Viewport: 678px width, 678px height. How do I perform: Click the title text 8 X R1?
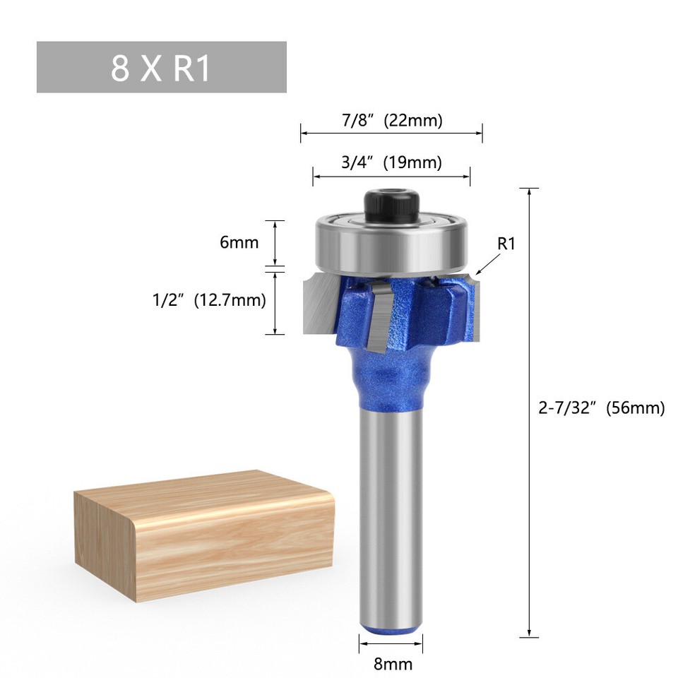coord(161,68)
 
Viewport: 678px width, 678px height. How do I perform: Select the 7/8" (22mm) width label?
coord(392,121)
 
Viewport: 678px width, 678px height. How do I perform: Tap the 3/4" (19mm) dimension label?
coord(391,163)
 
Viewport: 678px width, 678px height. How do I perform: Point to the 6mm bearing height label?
coord(239,243)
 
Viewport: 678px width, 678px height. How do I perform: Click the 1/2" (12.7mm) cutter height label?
coord(209,300)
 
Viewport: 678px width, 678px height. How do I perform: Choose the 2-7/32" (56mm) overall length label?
coord(601,408)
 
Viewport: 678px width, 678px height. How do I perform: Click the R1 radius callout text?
coord(507,244)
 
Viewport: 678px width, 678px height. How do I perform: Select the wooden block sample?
coord(205,537)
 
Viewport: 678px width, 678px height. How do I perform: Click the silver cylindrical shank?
coord(391,509)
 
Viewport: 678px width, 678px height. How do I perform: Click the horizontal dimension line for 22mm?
coord(392,133)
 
